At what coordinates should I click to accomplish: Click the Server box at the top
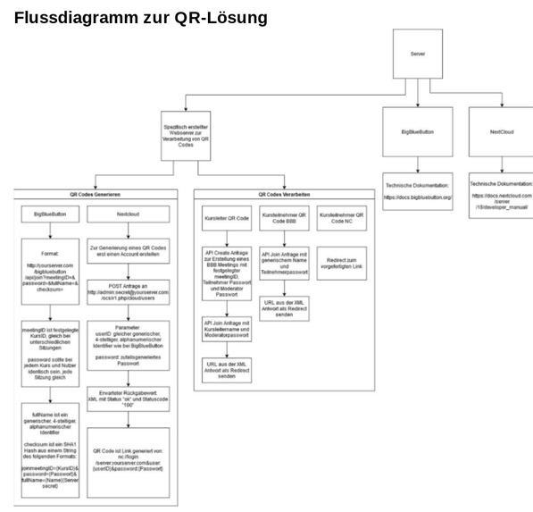(417, 54)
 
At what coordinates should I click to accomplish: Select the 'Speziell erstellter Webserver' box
(186, 136)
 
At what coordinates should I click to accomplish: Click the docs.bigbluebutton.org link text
(418, 197)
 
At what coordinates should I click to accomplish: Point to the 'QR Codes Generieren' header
(96, 194)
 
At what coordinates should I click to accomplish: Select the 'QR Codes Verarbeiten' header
(284, 194)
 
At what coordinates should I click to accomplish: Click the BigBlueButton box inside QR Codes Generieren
(50, 214)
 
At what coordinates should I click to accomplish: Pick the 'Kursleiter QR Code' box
(227, 218)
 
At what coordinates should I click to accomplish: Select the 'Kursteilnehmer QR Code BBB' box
(284, 218)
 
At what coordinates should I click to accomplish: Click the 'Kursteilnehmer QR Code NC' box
(341, 218)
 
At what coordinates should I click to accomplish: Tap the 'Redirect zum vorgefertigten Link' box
(341, 264)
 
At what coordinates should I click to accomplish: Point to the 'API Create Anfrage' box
(227, 273)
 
